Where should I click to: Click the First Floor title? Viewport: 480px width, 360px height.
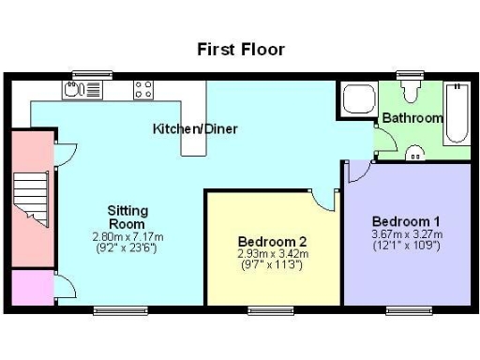point(241,49)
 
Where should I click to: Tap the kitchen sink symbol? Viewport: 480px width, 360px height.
point(82,90)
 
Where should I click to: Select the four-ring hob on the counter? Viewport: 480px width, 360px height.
point(143,90)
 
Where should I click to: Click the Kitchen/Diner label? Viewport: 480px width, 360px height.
point(196,127)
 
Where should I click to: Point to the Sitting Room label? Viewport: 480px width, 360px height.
point(127,217)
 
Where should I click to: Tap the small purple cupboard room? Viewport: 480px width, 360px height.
point(30,287)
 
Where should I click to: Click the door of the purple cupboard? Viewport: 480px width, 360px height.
point(62,286)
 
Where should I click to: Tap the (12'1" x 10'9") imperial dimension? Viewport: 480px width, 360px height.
point(405,246)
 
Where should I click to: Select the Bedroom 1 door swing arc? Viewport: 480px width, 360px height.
point(356,171)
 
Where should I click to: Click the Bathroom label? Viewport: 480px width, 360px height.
point(412,118)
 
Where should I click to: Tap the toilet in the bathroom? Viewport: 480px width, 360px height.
point(410,90)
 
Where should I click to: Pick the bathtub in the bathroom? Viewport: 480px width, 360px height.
point(457,112)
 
